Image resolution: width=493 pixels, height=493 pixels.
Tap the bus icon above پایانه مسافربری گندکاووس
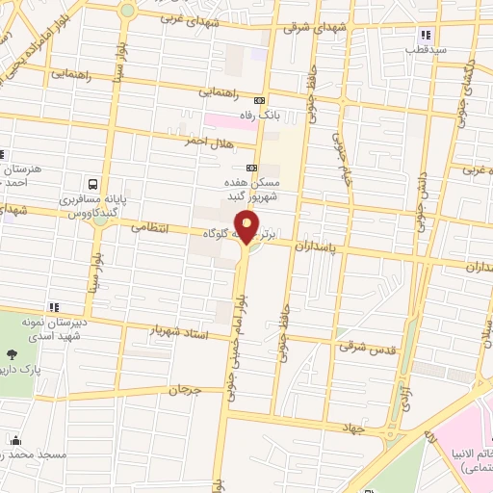click(91, 183)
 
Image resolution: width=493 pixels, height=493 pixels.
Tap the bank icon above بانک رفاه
click(258, 101)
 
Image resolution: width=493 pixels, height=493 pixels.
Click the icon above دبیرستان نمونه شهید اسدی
click(55, 308)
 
